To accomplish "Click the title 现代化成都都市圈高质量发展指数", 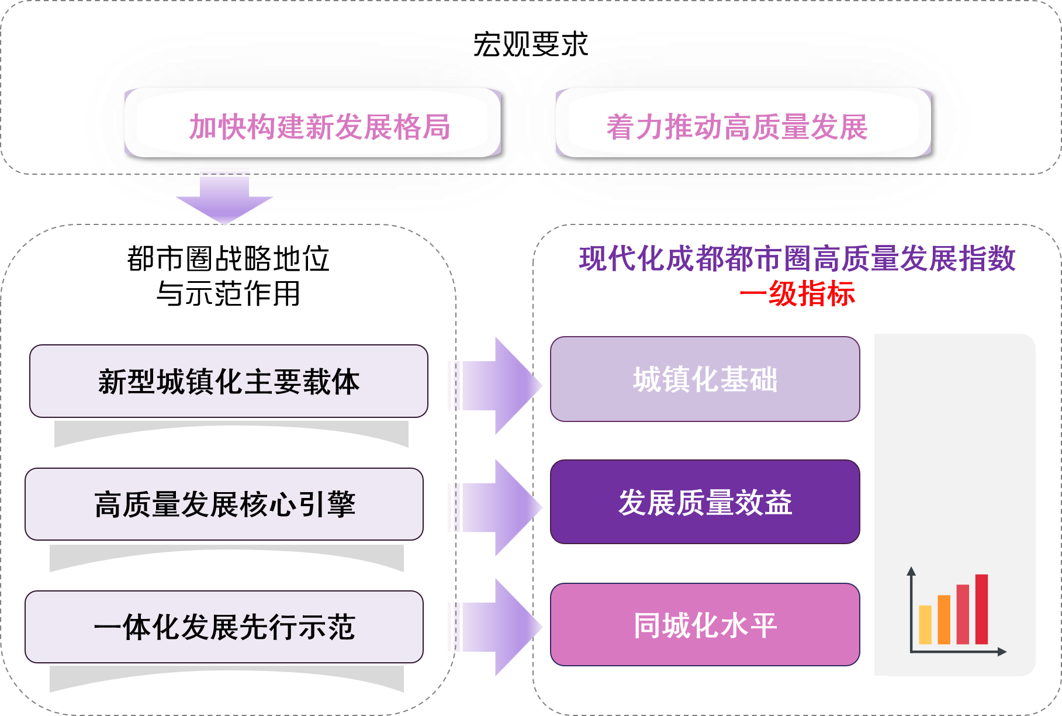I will click(797, 258).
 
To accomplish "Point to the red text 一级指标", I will click(797, 294).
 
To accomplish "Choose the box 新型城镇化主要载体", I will click(229, 381).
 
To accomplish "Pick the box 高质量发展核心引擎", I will click(224, 504).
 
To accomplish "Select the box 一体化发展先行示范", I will click(224, 627).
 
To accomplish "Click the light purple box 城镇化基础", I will click(705, 379).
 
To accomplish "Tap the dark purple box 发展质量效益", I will click(705, 501).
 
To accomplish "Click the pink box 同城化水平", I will click(705, 624).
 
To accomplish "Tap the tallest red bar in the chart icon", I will click(981, 609).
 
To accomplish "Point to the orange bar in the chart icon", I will click(944, 620).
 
